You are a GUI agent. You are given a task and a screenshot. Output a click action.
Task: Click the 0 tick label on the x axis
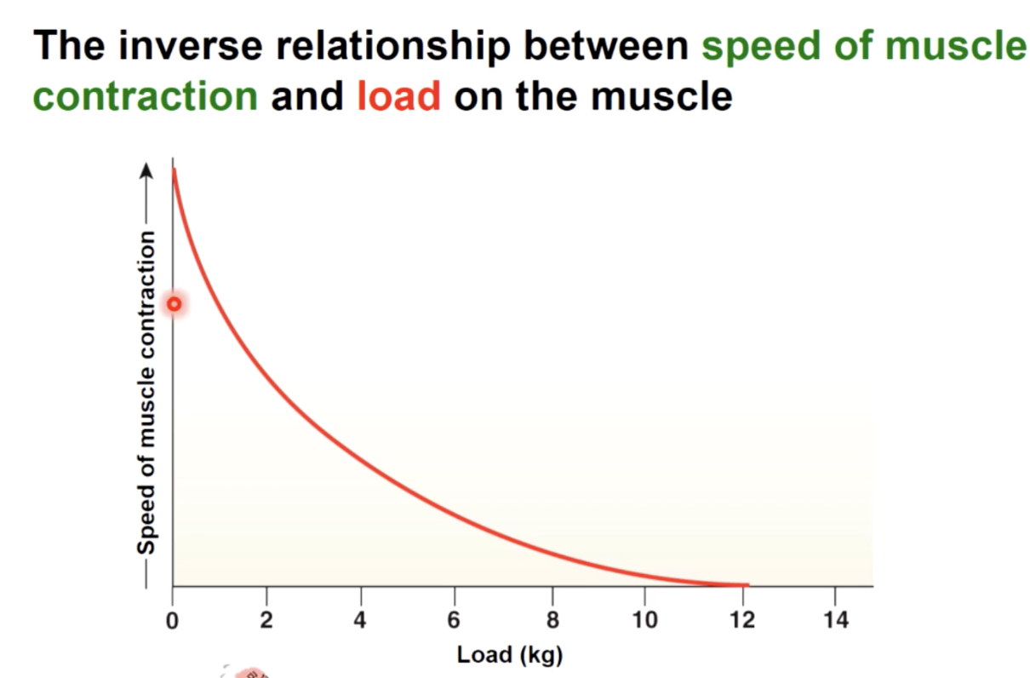pyautogui.click(x=172, y=620)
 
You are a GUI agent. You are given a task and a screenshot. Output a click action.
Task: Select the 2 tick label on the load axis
pyautogui.click(x=266, y=620)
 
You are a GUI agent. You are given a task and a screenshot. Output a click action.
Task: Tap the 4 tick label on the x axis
pyautogui.click(x=360, y=620)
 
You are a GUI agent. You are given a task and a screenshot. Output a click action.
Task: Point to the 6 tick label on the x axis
pyautogui.click(x=455, y=620)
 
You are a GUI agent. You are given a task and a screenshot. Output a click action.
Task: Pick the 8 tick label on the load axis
pyautogui.click(x=552, y=620)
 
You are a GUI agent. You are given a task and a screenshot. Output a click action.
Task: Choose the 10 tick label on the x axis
pyautogui.click(x=644, y=620)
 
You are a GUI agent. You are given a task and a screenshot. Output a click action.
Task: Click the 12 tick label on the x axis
pyautogui.click(x=741, y=620)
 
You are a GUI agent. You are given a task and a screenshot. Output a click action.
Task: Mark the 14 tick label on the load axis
pyautogui.click(x=836, y=620)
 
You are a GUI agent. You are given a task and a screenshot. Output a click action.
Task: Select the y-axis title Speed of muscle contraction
pyautogui.click(x=147, y=392)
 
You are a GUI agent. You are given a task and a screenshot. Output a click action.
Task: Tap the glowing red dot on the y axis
pyautogui.click(x=174, y=304)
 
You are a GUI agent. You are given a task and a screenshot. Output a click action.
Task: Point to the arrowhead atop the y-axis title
pyautogui.click(x=147, y=171)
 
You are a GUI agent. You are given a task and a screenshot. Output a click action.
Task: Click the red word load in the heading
pyautogui.click(x=399, y=97)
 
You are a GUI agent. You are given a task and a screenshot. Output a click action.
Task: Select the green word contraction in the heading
pyautogui.click(x=146, y=97)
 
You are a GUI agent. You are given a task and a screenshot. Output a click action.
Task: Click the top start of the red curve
pyautogui.click(x=174, y=171)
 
